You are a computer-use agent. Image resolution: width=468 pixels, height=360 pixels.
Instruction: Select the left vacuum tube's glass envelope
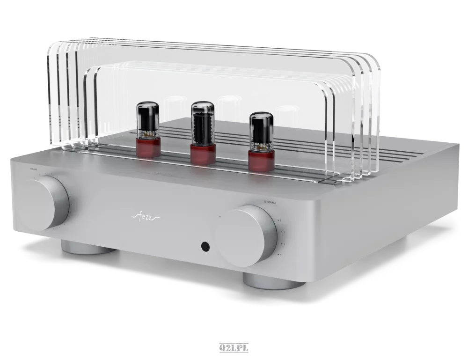[x=147, y=120]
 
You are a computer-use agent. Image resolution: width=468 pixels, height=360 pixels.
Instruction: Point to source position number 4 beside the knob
[x=280, y=255]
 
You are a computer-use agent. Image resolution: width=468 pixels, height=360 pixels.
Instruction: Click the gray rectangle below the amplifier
[x=234, y=348]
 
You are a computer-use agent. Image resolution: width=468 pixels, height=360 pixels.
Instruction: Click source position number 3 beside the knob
[x=282, y=244]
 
